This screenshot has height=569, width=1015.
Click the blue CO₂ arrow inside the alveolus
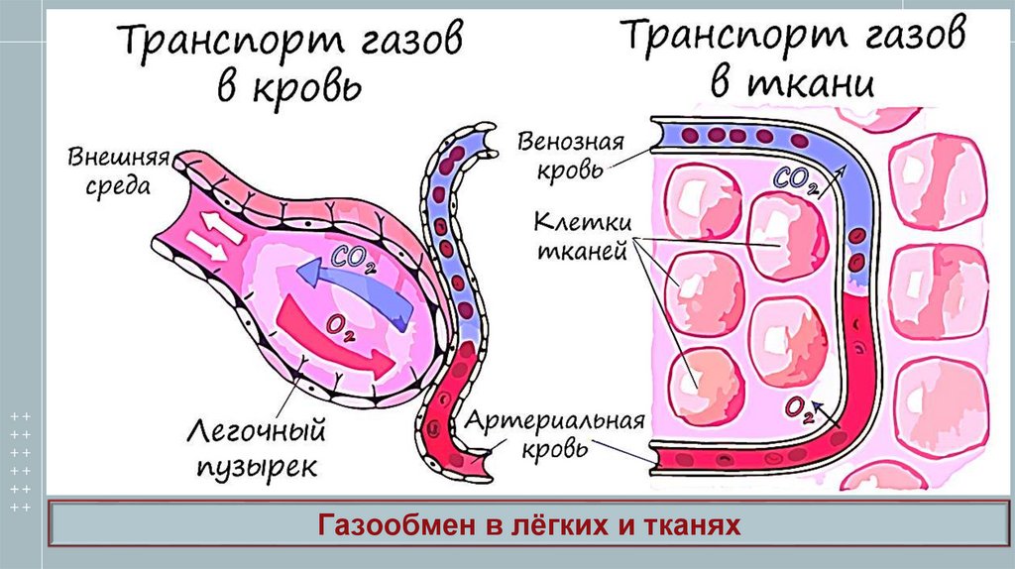(362, 293)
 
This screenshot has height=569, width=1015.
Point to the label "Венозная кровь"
(570, 154)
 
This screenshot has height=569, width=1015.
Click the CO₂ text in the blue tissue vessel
(795, 182)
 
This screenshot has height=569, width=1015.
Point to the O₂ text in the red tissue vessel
(799, 407)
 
